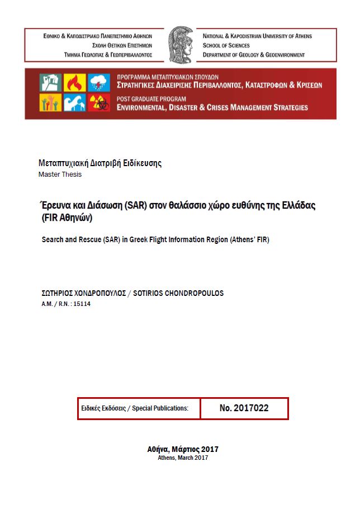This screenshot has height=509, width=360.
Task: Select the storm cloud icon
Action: pos(99,83)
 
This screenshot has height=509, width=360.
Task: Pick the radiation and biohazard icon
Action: pos(99,102)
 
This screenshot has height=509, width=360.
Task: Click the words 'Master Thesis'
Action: pos(60,175)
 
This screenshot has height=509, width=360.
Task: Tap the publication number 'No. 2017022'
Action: pos(244,408)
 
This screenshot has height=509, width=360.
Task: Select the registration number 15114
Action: pos(82,303)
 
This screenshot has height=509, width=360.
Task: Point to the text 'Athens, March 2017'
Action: pos(182,458)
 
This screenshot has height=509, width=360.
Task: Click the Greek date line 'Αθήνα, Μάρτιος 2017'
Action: pos(182,449)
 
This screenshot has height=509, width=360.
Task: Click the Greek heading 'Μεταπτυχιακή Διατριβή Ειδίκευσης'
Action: pos(100,163)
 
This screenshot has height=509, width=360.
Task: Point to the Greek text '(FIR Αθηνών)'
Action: pos(67,217)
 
